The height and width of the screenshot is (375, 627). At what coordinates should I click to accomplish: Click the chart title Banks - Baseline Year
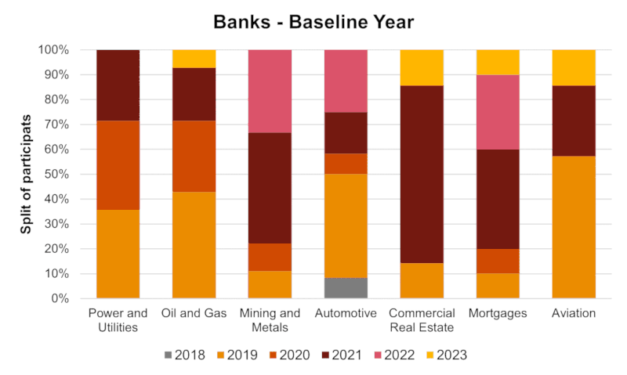pyautogui.click(x=313, y=22)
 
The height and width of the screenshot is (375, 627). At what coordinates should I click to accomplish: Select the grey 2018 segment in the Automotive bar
pyautogui.click(x=346, y=288)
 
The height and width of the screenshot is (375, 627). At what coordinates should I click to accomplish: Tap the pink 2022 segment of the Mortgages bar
pyautogui.click(x=498, y=112)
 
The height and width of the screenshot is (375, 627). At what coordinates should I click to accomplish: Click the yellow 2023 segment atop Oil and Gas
pyautogui.click(x=194, y=59)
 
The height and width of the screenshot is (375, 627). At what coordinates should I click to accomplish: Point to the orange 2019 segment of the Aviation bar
pyautogui.click(x=574, y=227)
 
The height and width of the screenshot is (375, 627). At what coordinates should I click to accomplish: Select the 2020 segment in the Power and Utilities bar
pyautogui.click(x=118, y=165)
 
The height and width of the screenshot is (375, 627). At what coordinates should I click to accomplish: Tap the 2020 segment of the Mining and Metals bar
pyautogui.click(x=270, y=257)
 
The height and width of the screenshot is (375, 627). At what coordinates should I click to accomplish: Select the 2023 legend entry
pyautogui.click(x=444, y=355)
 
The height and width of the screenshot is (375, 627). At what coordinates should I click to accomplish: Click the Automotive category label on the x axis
pyautogui.click(x=346, y=313)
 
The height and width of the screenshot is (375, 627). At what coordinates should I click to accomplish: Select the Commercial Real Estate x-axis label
pyautogui.click(x=422, y=319)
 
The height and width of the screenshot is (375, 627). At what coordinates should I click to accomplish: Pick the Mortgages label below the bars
pyautogui.click(x=498, y=313)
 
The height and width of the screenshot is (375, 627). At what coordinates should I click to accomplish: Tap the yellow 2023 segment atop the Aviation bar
pyautogui.click(x=574, y=67)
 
